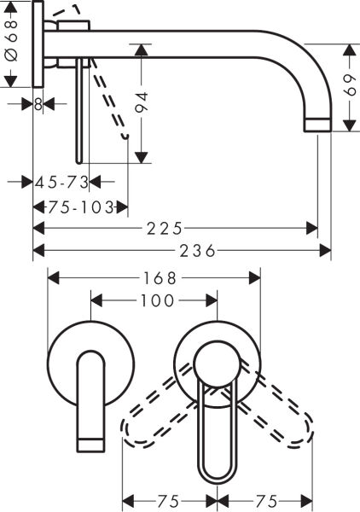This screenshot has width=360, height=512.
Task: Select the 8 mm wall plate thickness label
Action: pos(38,103)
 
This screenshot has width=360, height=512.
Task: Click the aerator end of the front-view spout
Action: pos(90,443)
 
